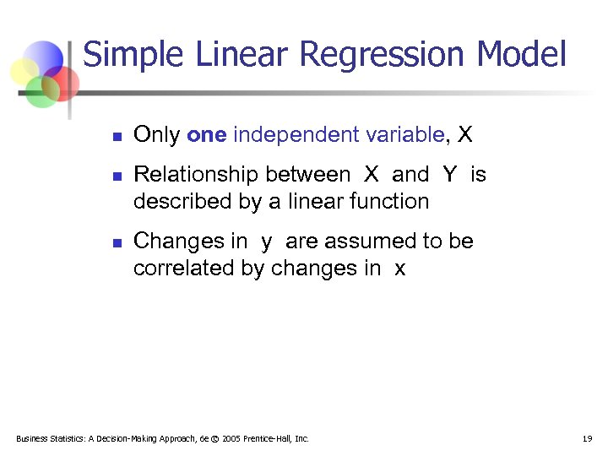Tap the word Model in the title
click(521, 54)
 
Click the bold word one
click(206, 134)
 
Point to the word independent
click(284, 134)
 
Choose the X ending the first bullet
click(464, 134)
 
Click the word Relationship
click(195, 175)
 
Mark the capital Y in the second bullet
click(449, 175)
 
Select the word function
click(390, 201)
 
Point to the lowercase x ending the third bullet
click(399, 269)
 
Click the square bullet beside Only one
click(117, 136)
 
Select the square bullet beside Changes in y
click(117, 243)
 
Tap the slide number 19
click(587, 438)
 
